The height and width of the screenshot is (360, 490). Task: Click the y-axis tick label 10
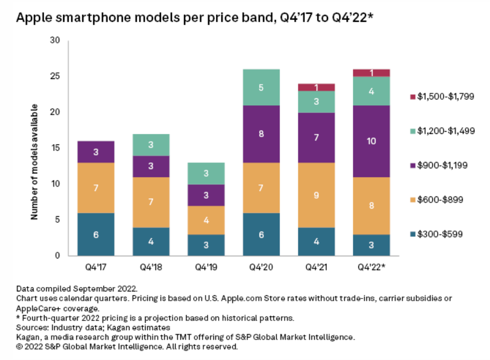coord(55,184)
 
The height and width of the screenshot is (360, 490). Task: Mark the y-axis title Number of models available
coord(34,162)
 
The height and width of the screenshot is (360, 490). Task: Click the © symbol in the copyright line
coord(19,347)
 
